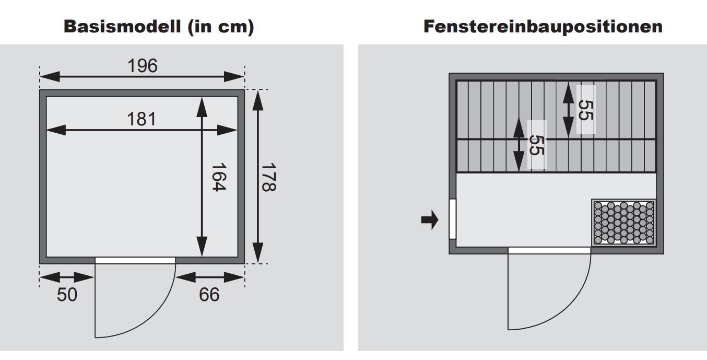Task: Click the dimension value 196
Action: pos(143,66)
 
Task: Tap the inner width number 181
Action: pos(142,119)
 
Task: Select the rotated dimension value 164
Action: pos(218,177)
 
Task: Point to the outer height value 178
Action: pos(269,177)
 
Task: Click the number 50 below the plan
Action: pos(67,295)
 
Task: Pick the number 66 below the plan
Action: pos(209,295)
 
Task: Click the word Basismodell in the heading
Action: pos(122,26)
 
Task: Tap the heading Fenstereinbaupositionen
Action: pos(543,26)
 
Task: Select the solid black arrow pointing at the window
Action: pos(430,219)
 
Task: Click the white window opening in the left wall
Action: pos(453,219)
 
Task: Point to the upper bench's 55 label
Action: pos(586,110)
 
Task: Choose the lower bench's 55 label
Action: pos(537,145)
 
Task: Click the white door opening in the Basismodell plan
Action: pos(135,260)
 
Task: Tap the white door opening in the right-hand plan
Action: pos(549,250)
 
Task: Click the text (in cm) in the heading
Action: pos(221,27)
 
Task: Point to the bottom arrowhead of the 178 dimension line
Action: pos(258,253)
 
